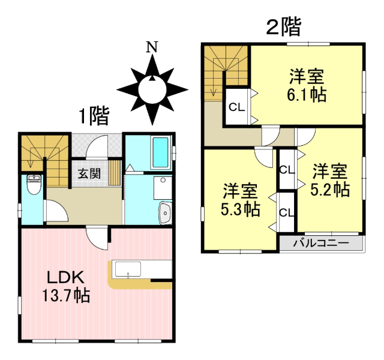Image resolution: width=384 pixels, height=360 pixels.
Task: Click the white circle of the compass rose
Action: (152, 91)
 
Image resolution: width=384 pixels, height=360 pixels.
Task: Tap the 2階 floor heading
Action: (284, 26)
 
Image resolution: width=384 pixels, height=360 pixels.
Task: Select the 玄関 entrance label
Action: (89, 175)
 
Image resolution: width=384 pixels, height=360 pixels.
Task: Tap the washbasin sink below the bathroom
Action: (164, 212)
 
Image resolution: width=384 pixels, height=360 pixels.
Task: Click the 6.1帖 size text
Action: (307, 95)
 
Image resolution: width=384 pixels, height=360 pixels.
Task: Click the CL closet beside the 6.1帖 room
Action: (237, 107)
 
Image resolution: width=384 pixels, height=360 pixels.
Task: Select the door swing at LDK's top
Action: (96, 239)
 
